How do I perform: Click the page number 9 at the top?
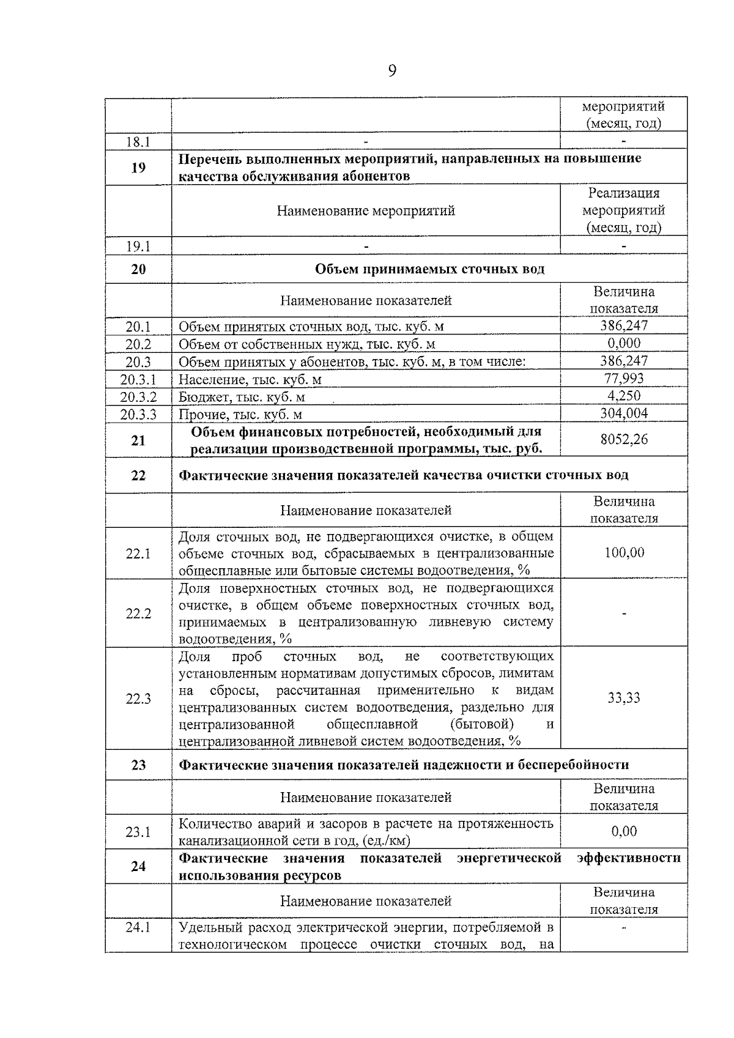pyautogui.click(x=392, y=71)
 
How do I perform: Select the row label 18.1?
pyautogui.click(x=138, y=142)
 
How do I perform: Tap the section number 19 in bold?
pyautogui.click(x=138, y=167)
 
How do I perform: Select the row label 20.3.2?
pyautogui.click(x=138, y=397)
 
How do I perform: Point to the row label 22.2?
pyautogui.click(x=138, y=614)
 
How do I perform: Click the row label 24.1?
pyautogui.click(x=138, y=927)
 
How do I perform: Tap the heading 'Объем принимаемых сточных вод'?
pyautogui.click(x=429, y=269)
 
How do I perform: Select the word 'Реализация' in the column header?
pyautogui.click(x=624, y=193)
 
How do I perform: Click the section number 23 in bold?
pyautogui.click(x=138, y=765)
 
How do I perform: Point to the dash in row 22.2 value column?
pyautogui.click(x=624, y=614)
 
